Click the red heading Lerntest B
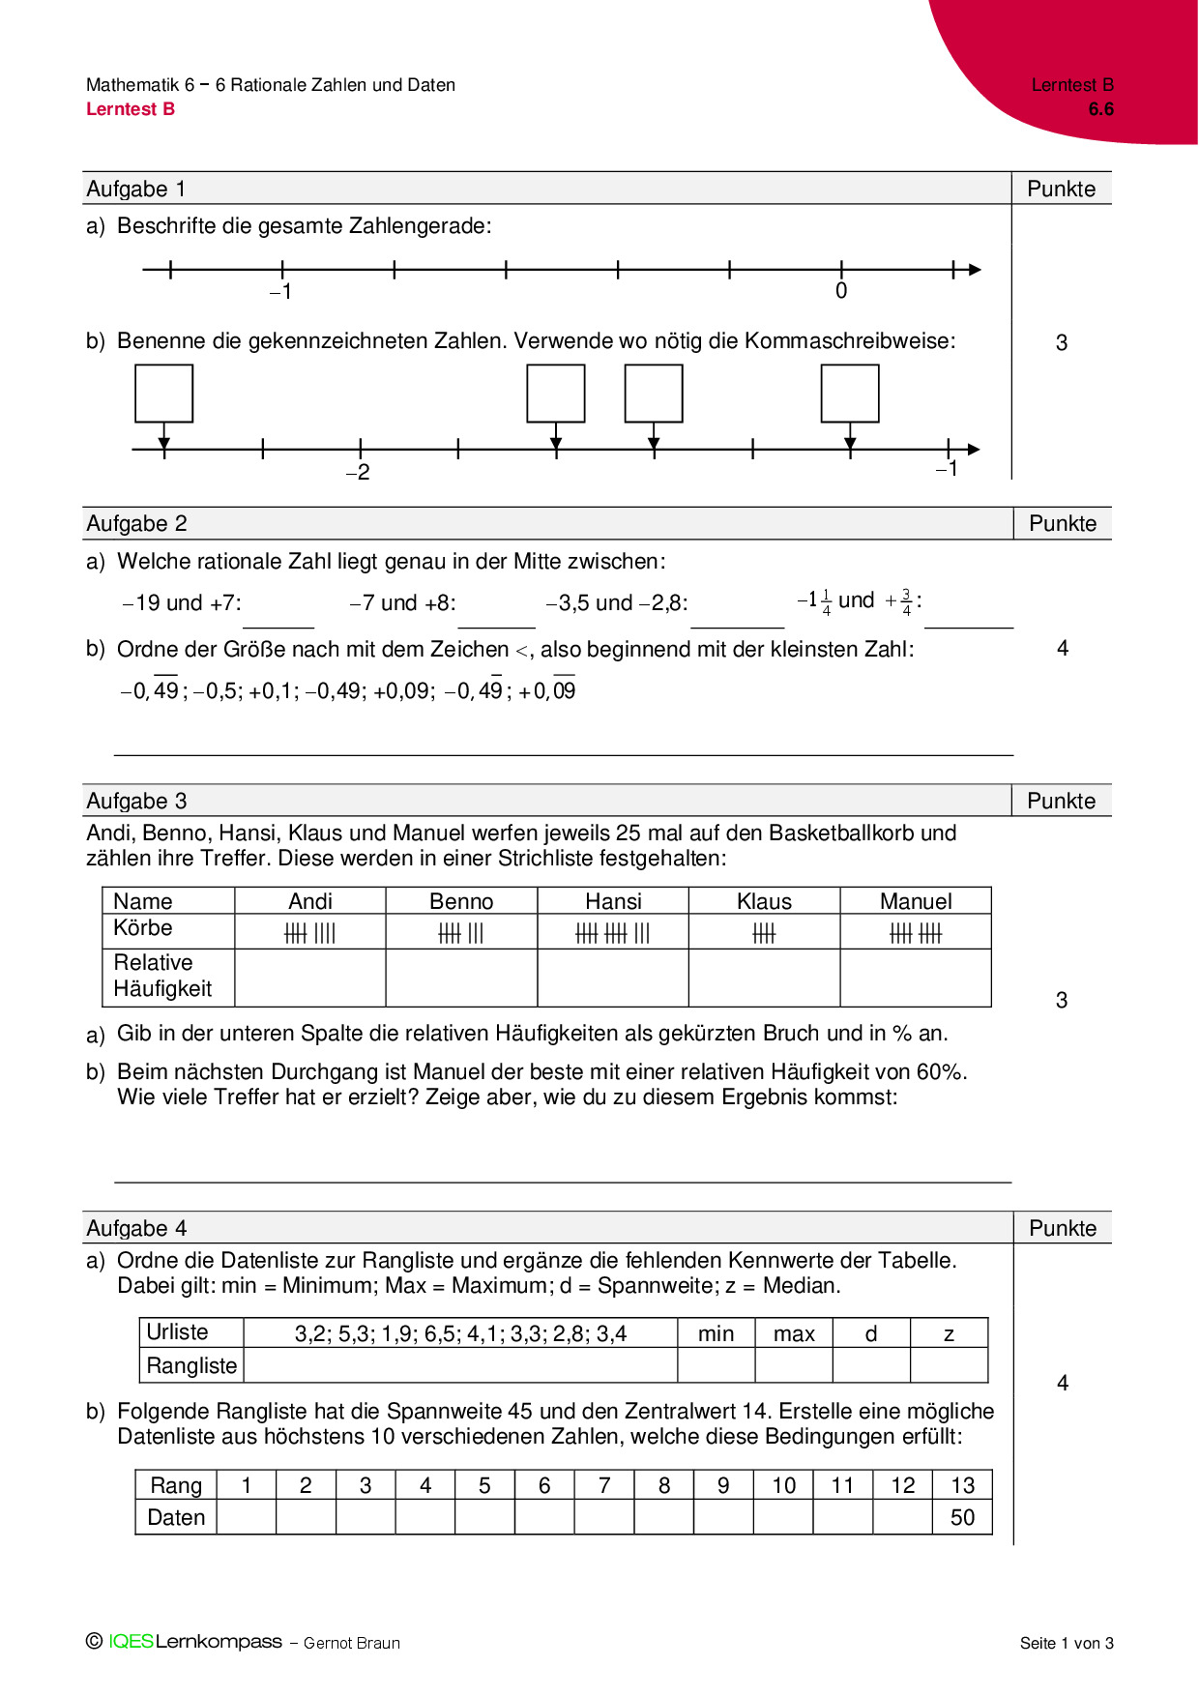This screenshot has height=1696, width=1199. [131, 109]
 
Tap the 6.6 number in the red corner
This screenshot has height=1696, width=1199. [1100, 109]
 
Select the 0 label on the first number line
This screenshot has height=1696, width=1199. [841, 291]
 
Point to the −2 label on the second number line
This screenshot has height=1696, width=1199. [358, 473]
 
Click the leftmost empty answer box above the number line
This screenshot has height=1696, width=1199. [164, 394]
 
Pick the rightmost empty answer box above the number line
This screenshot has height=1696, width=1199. [850, 394]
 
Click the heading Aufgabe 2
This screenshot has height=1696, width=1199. [136, 524]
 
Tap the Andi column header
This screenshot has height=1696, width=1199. [310, 901]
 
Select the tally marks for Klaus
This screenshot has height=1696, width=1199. [764, 933]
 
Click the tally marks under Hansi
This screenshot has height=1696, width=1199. [613, 933]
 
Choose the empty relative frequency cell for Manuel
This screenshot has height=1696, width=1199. [916, 978]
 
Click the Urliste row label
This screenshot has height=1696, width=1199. [177, 1332]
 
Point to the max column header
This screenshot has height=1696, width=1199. [794, 1334]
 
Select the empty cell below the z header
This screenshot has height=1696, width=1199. [949, 1365]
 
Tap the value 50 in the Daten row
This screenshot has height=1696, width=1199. [962, 1518]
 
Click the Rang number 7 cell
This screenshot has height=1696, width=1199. [604, 1486]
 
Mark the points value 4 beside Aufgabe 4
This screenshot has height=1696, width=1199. [1063, 1384]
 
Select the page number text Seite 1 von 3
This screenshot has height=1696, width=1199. [1067, 1643]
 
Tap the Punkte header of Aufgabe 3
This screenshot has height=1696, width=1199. [1061, 802]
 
